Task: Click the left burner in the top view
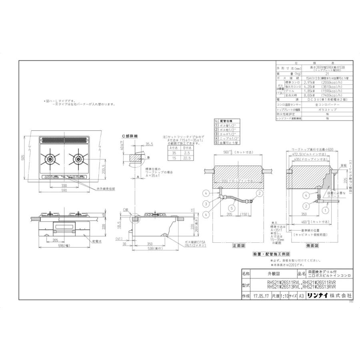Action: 50,159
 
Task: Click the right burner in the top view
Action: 78,159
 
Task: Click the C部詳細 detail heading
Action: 129,136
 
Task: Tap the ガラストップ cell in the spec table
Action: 327,109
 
